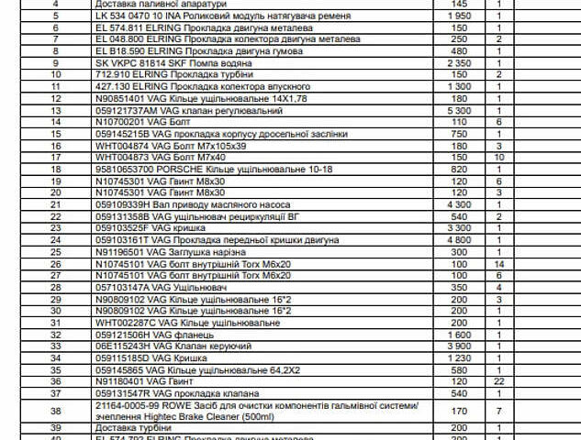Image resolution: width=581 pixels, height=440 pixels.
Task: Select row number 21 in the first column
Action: [x=55, y=204]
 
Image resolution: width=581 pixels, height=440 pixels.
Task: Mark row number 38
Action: [x=55, y=411]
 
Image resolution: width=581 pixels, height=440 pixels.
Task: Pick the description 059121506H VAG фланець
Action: [x=143, y=335]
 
